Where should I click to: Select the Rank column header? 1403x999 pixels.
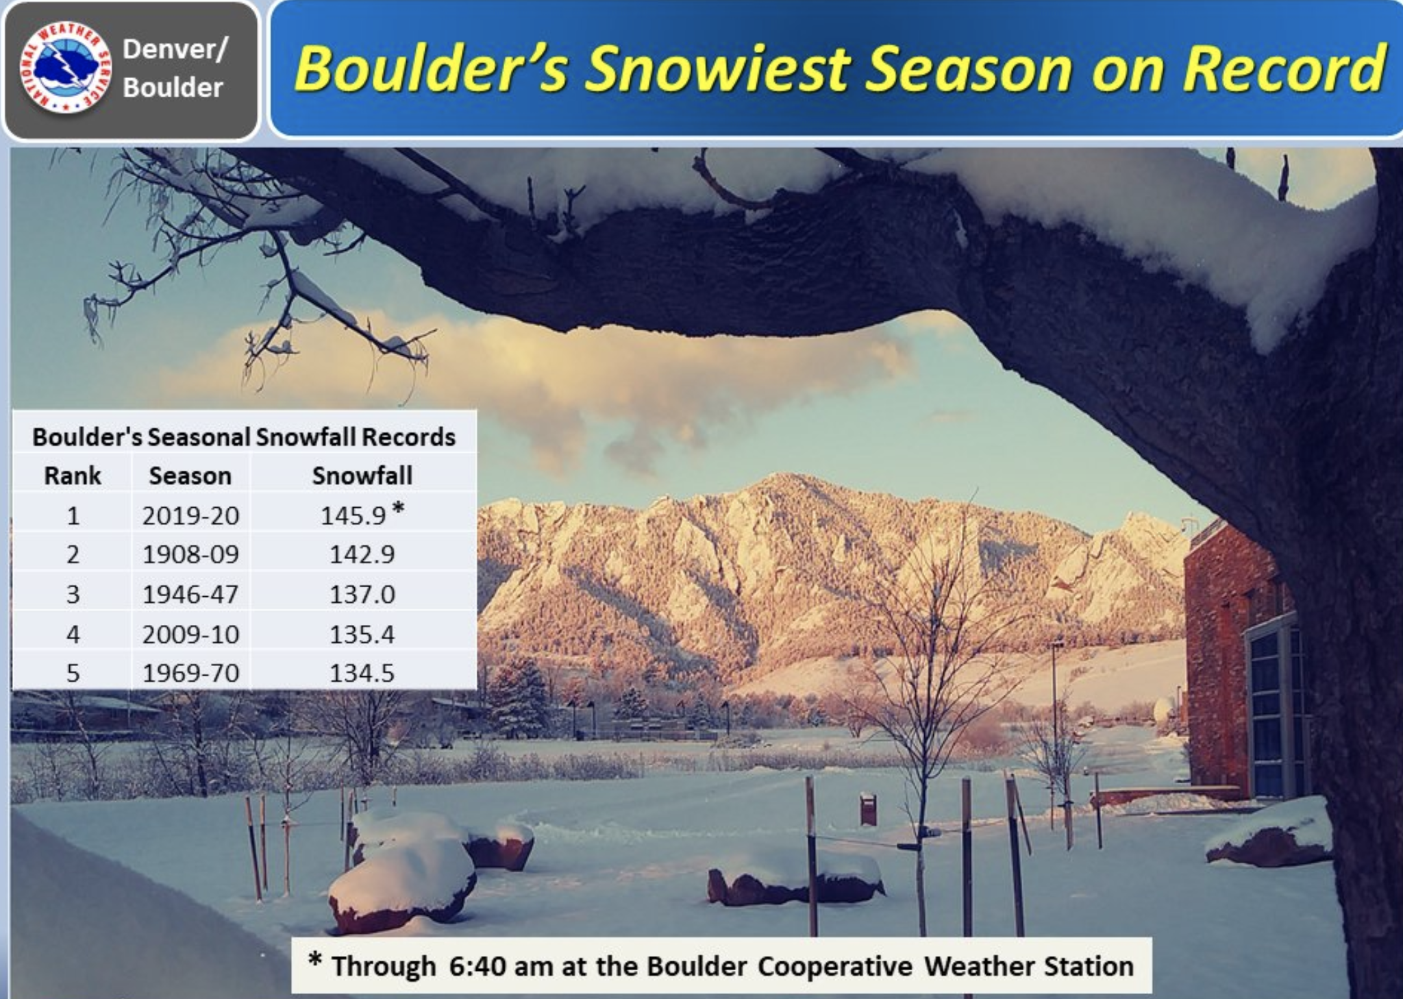coord(73,476)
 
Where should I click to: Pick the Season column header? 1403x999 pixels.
coord(190,476)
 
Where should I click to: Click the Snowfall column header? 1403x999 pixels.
coord(362,476)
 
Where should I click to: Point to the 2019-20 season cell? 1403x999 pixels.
coord(191,515)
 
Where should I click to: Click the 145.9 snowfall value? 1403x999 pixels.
coord(353,515)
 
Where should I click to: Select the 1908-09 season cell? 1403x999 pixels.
coord(191,554)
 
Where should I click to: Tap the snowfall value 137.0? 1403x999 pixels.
coord(362,594)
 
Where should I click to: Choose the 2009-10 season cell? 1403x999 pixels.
coord(191,634)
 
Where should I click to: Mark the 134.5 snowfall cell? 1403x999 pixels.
coord(362,673)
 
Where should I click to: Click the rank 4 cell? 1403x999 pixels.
coord(73,634)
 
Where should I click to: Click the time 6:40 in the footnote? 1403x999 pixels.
coord(477,966)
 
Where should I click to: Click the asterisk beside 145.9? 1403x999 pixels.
coord(398,508)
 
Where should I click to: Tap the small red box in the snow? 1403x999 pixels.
coord(868,809)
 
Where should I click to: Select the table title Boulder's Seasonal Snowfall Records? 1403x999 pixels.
coord(244,436)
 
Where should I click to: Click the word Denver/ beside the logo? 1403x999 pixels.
coord(174,49)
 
